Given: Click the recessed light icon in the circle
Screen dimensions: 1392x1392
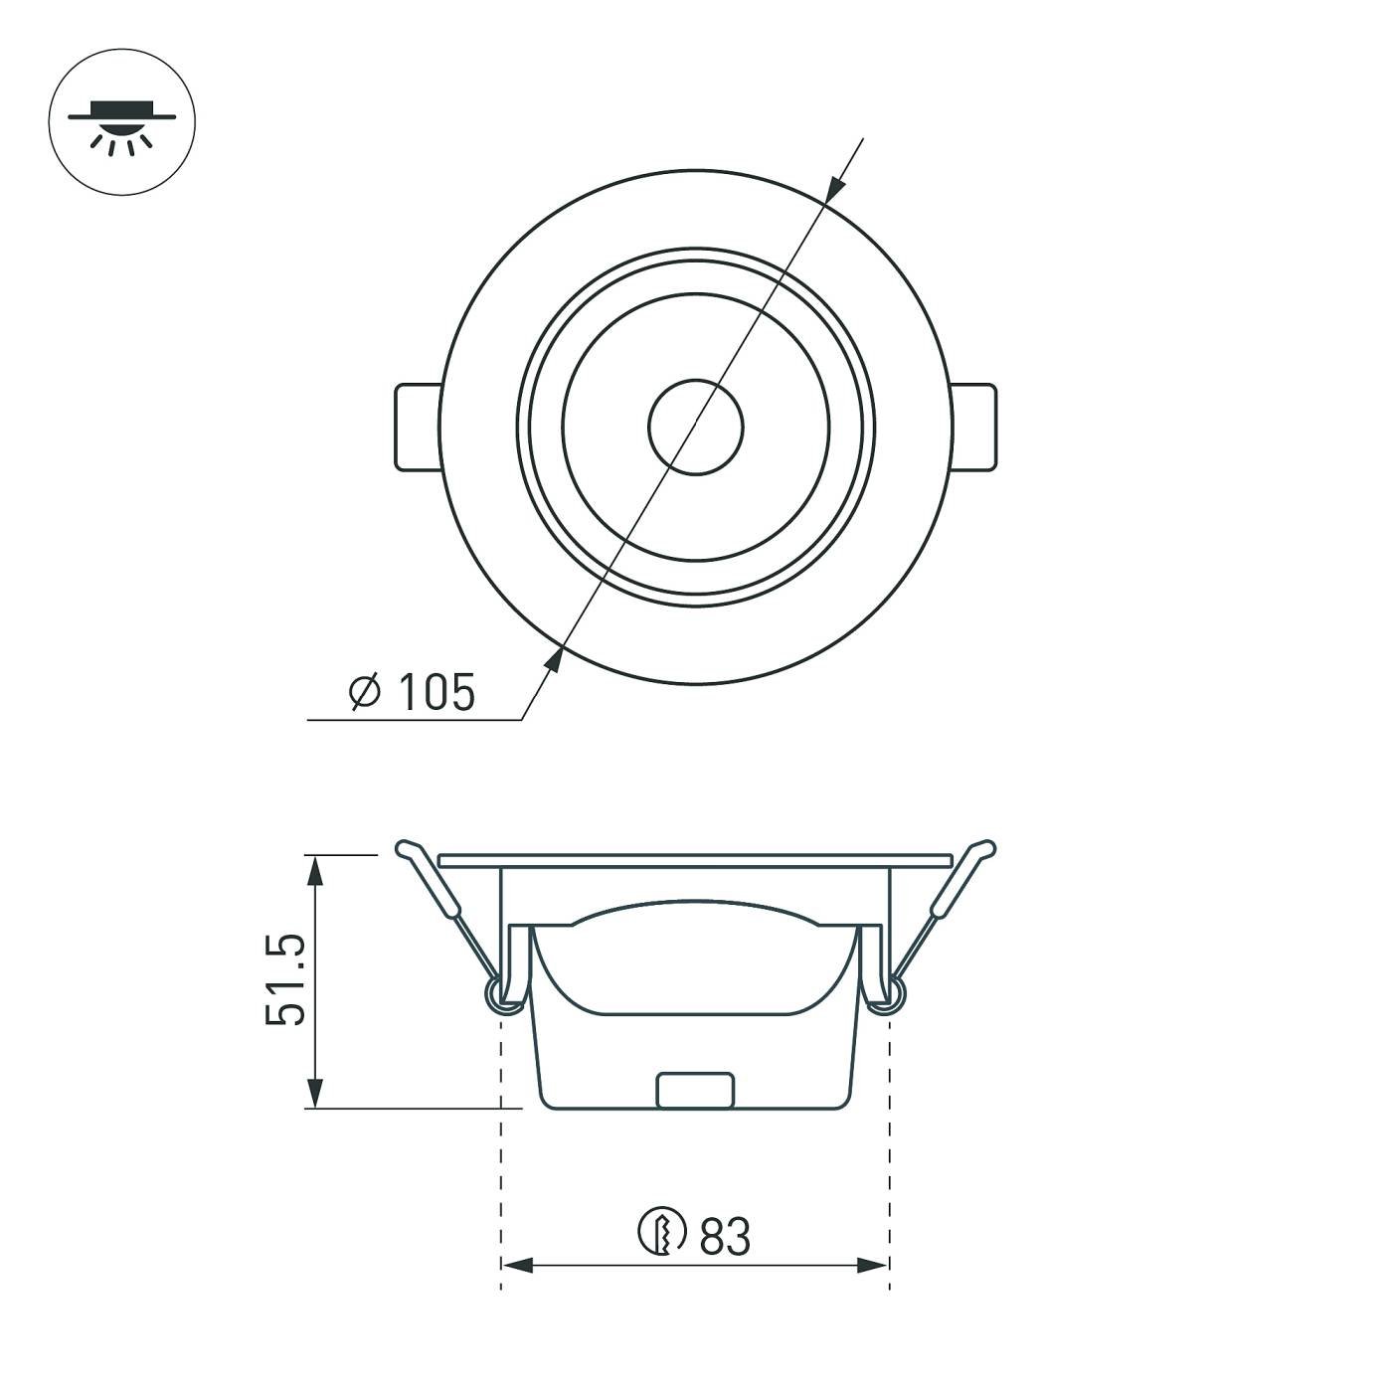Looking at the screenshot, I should click(x=121, y=123).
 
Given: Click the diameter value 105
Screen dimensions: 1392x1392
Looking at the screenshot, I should click(x=435, y=692).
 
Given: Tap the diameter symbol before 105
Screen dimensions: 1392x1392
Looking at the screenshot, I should click(x=365, y=691).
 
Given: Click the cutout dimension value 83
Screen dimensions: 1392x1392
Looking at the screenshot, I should click(x=725, y=1237).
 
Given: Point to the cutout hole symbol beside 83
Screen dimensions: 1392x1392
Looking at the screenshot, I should click(x=661, y=1233).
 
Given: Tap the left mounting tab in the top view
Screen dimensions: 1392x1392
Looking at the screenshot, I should click(x=418, y=427).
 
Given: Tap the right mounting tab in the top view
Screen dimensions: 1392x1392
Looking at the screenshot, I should click(x=974, y=427).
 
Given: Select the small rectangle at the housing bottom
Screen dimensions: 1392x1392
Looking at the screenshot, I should click(x=696, y=1090).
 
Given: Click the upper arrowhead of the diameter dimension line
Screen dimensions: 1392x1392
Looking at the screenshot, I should click(x=835, y=189).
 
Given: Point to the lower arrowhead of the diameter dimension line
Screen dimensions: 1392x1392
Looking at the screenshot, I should click(x=554, y=657).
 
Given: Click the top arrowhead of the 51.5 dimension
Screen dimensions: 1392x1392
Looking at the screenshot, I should click(x=315, y=869).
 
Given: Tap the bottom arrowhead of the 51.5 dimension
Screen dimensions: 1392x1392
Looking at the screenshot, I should click(x=315, y=1094).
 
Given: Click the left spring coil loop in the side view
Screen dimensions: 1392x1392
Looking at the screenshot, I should click(x=503, y=994).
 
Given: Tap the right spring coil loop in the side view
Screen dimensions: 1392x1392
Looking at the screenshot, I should click(x=888, y=994).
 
